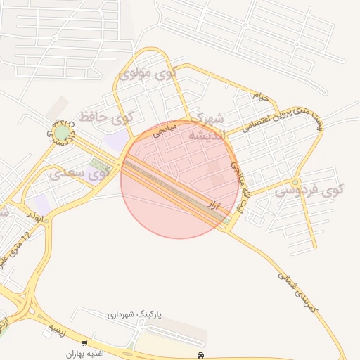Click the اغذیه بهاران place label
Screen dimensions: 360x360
(85, 354)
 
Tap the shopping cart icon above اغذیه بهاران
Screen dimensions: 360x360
(85, 344)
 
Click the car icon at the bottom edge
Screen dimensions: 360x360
(202, 356)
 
